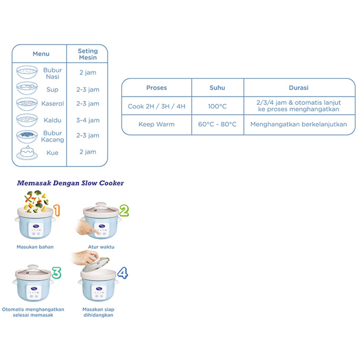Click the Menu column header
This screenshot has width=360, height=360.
pyautogui.click(x=41, y=54)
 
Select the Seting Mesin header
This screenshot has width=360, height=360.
pyautogui.click(x=88, y=54)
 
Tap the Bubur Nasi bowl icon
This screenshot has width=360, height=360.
pyautogui.click(x=27, y=72)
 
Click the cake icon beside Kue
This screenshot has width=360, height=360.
pyautogui.click(x=27, y=153)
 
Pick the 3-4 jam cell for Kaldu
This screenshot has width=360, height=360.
pyautogui.click(x=88, y=120)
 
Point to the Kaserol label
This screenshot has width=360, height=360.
pyautogui.click(x=53, y=104)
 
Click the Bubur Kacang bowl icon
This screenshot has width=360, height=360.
pyautogui.click(x=27, y=136)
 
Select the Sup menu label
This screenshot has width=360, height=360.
pyautogui.click(x=52, y=90)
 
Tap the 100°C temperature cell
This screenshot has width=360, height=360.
pyautogui.click(x=217, y=106)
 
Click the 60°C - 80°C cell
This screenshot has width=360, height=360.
pyautogui.click(x=217, y=124)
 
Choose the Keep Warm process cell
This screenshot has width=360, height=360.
pyautogui.click(x=156, y=124)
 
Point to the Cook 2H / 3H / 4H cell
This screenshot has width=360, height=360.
pyautogui.click(x=156, y=106)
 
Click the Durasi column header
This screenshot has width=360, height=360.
pyautogui.click(x=299, y=88)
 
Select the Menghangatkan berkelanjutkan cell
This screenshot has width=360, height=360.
pyautogui.click(x=299, y=124)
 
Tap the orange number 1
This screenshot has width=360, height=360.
pyautogui.click(x=57, y=210)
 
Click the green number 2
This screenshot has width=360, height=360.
pyautogui.click(x=124, y=210)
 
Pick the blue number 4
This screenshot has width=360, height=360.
pyautogui.click(x=122, y=272)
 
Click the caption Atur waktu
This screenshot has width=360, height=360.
pyautogui.click(x=101, y=247)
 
